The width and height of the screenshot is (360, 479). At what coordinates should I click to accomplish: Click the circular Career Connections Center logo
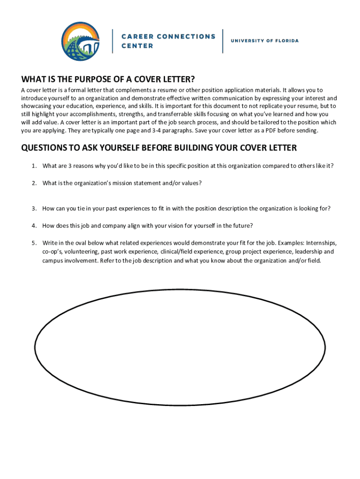(x=80, y=41)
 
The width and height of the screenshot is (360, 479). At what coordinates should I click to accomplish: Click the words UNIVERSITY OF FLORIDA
(x=265, y=41)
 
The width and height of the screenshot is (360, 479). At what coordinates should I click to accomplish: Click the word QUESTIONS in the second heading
(x=44, y=148)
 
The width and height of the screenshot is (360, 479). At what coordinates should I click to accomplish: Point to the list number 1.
(x=34, y=166)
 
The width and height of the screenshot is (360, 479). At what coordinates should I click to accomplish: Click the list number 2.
(x=34, y=183)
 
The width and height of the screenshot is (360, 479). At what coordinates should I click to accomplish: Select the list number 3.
(x=34, y=208)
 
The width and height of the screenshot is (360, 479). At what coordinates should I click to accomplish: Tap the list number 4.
(x=34, y=225)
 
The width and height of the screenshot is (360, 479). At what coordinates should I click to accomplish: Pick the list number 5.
(x=34, y=243)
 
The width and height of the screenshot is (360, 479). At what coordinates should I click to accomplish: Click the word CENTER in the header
(x=137, y=46)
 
